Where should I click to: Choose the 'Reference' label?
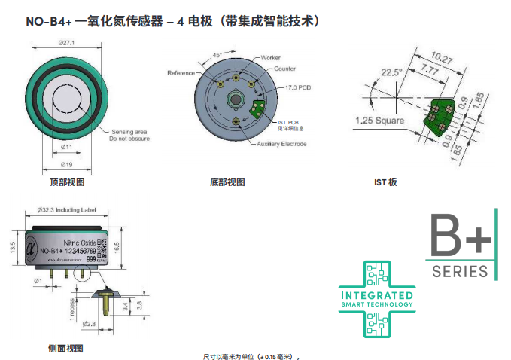coord(181,73)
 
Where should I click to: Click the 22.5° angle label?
coord(391,72)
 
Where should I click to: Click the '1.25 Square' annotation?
coord(379,121)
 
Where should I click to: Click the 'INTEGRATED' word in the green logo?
coord(377,295)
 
